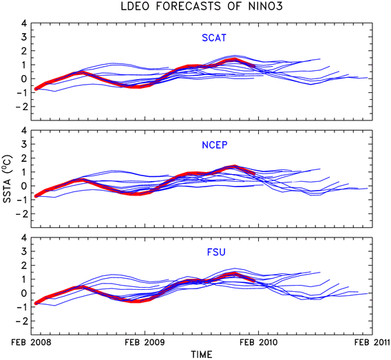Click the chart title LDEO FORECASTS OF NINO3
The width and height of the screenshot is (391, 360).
(202, 6)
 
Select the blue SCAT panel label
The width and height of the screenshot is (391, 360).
(214, 38)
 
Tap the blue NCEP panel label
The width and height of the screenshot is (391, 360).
(215, 145)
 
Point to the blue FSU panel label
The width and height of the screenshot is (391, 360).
(216, 253)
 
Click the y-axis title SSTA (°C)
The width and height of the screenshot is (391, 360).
(8, 179)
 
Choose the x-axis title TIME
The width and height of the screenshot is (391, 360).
(202, 354)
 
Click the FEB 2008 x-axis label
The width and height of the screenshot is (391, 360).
(31, 342)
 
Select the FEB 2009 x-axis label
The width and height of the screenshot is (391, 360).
(145, 342)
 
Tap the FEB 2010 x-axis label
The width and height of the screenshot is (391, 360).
(259, 342)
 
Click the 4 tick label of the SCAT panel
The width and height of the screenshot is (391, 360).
(23, 23)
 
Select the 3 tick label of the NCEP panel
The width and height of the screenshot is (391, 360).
(23, 144)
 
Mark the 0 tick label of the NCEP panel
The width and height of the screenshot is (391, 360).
(23, 186)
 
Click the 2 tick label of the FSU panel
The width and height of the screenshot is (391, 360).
(23, 265)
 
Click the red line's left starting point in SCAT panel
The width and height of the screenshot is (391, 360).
(36, 89)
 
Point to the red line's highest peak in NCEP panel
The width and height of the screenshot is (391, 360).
(235, 167)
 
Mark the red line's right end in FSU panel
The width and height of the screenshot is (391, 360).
(254, 281)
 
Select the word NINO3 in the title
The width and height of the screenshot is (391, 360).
(266, 6)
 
